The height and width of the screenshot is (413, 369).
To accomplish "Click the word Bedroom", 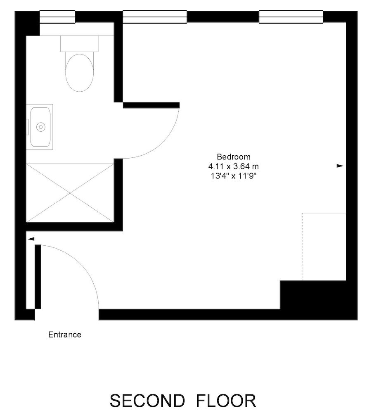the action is pos(234,157).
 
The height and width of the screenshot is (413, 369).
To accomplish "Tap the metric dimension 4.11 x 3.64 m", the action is pos(234,166).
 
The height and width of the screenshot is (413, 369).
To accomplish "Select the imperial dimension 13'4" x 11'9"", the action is pos(234,176).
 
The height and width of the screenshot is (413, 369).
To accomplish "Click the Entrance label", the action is pos(65,335).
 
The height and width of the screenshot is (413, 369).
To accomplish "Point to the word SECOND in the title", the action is pos(147,401).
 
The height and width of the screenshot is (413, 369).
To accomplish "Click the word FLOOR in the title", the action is pos(226,401).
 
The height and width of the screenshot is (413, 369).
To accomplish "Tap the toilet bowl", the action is pos(80,72).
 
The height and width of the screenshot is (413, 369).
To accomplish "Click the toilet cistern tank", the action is pos(79,44).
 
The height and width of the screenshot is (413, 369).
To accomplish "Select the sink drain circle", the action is pos(41,127).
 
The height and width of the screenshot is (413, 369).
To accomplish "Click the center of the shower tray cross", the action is pos(70,193).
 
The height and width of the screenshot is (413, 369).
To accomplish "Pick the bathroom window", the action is pos(57,17).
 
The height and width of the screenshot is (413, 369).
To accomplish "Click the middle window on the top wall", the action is pos(155,17).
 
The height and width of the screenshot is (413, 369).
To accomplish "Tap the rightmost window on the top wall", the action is pos(291,17).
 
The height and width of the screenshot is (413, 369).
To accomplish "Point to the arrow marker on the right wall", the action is pos(340,166).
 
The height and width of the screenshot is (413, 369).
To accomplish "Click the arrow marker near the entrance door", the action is pos(31,239).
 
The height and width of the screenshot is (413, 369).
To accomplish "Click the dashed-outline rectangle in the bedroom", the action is pos(324,247).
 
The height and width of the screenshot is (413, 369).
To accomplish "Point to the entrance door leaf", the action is pos(38,277).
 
